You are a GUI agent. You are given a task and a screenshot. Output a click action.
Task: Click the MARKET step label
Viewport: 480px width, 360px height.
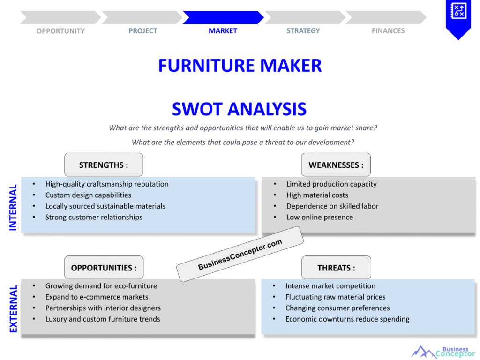pos(223,31)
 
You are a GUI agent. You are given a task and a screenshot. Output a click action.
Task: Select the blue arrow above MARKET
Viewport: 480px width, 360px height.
pos(223,17)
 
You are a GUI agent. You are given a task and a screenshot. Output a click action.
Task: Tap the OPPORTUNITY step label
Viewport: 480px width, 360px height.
pos(60,31)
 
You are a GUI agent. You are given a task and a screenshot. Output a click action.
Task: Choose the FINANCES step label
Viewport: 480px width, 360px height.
pos(388,31)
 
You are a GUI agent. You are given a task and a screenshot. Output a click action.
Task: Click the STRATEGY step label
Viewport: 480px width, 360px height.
pos(303,31)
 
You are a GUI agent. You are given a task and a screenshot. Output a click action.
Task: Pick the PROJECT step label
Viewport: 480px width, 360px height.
pos(143,31)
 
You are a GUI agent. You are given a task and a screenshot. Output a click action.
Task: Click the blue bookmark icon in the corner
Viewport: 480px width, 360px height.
pos(457,17)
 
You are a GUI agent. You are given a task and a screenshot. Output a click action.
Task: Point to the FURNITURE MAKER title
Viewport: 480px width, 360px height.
pos(240,66)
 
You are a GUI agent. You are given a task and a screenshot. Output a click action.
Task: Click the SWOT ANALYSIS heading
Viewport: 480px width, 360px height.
pos(239,109)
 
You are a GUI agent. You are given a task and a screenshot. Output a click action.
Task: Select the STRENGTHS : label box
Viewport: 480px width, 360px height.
pos(104,165)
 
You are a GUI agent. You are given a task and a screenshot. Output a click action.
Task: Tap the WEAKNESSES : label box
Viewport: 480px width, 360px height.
pos(336,165)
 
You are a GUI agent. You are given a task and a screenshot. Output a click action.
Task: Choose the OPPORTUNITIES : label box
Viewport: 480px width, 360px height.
pos(104,268)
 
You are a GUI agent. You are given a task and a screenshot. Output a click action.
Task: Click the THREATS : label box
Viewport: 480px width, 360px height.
pos(336,268)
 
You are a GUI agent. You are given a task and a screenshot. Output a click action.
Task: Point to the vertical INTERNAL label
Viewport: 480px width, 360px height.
pos(13,207)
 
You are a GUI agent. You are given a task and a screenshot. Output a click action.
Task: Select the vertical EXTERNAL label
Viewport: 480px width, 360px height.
pos(13,309)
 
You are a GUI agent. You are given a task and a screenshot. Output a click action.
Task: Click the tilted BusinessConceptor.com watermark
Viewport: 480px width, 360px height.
pos(240,254)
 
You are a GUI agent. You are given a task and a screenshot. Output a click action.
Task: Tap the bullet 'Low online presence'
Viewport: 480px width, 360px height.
pos(320,217)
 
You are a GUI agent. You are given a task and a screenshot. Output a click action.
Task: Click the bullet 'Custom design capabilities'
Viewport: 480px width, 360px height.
pos(88,195)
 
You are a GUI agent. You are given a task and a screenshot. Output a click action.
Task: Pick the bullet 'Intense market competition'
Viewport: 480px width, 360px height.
pos(330,286)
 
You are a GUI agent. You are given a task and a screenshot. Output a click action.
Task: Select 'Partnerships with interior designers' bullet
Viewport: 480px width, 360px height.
pos(103,308)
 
